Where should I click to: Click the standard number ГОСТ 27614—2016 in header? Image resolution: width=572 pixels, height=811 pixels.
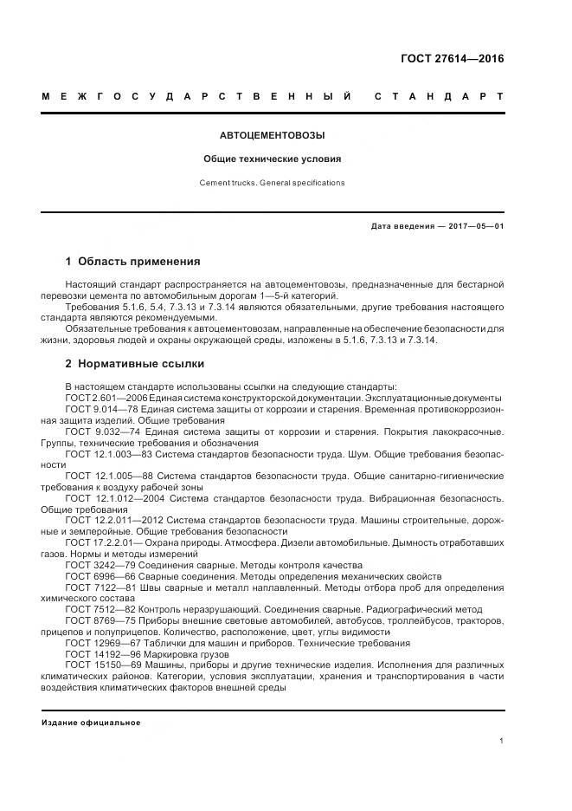click(x=453, y=60)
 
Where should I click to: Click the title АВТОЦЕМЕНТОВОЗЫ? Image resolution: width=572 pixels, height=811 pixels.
click(x=272, y=136)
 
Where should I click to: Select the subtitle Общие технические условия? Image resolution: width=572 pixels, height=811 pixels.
click(x=272, y=159)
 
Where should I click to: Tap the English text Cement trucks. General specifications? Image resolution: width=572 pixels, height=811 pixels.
click(x=272, y=183)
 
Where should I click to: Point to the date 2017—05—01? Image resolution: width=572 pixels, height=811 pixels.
click(x=475, y=227)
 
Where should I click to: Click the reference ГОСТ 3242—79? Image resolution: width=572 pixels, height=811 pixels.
click(x=93, y=565)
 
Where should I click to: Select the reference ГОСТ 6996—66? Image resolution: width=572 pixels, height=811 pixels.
click(x=93, y=576)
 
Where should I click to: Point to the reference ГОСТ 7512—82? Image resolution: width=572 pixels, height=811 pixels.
click(x=93, y=610)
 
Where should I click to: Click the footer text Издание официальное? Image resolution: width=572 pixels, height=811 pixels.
click(x=91, y=723)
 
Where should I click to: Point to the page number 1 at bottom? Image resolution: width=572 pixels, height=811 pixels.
click(x=501, y=741)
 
